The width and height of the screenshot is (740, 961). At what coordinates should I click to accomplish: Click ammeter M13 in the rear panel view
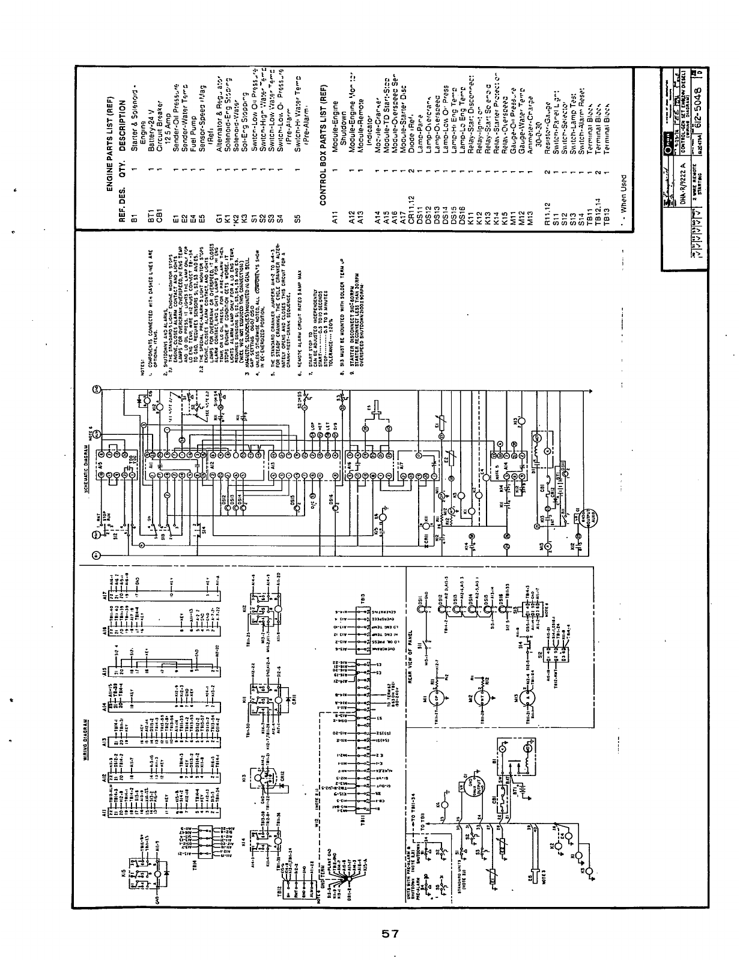pyautogui.click(x=529, y=697)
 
